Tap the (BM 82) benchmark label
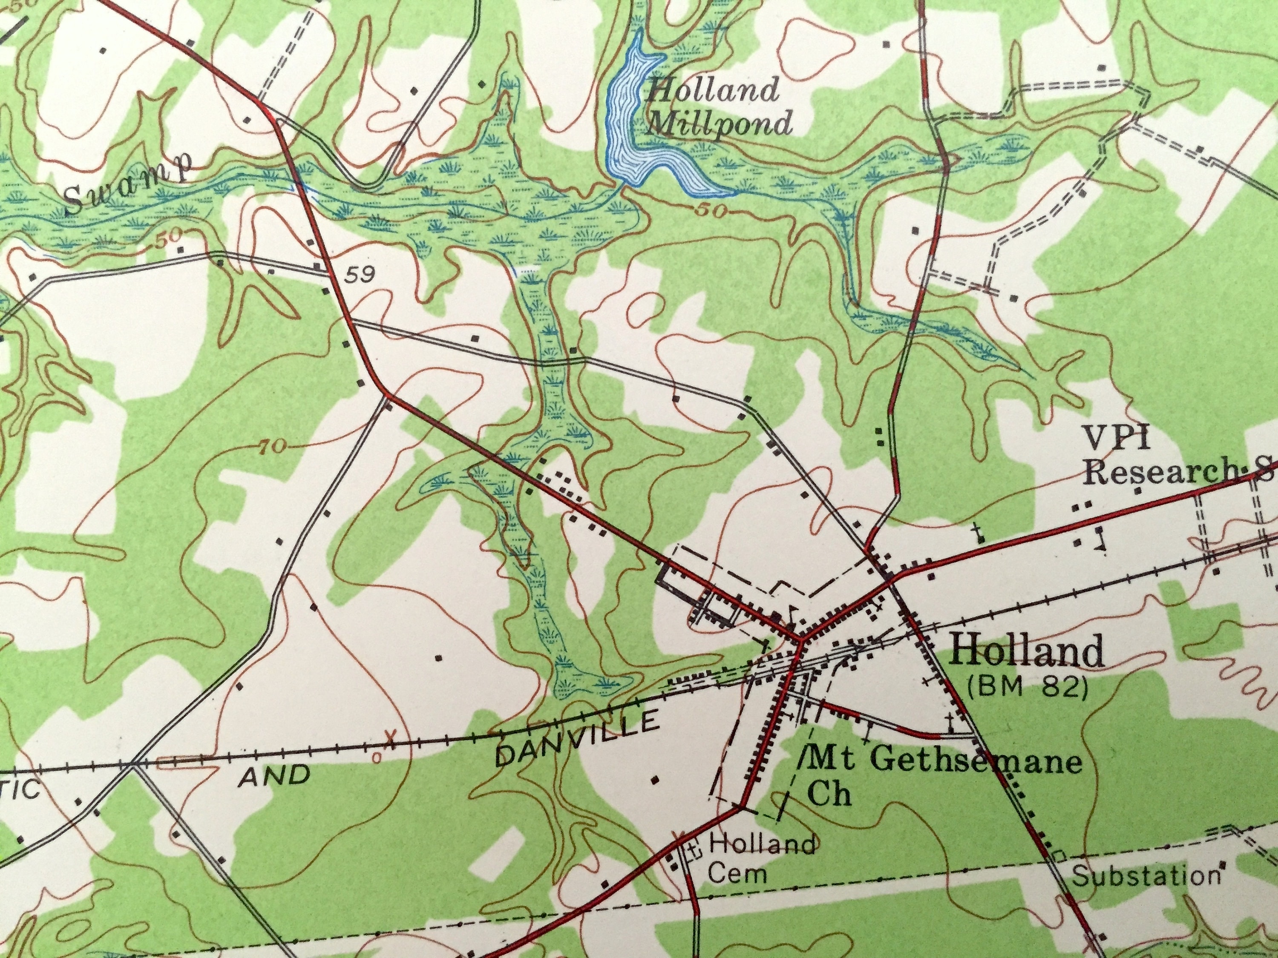[1027, 688]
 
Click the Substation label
[1146, 876]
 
